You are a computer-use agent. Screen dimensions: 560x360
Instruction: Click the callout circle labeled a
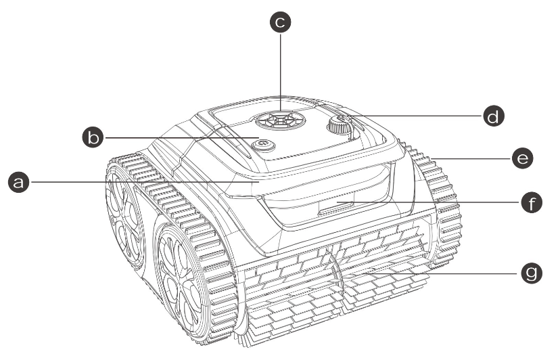pos(18,182)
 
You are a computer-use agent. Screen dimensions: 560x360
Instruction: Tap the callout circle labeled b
pos(93,137)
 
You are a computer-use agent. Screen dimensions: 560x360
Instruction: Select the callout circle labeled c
pos(281,22)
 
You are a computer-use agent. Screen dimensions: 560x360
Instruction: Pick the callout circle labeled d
pos(494,116)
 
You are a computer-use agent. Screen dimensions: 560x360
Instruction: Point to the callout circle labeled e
pos(523,158)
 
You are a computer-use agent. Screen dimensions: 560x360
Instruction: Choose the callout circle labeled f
pos(532,202)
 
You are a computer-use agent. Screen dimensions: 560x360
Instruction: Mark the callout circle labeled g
pos(532,273)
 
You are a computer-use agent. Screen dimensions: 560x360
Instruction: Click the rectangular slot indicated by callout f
pos(335,207)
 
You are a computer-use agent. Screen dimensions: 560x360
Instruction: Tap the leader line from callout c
pos(281,72)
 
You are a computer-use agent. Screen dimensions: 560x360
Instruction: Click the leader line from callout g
pos(444,273)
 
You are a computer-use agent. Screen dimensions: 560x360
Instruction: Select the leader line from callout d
pos(416,116)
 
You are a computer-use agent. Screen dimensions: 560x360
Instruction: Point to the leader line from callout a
pos(144,182)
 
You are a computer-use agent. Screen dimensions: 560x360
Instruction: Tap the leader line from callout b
pos(181,137)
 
